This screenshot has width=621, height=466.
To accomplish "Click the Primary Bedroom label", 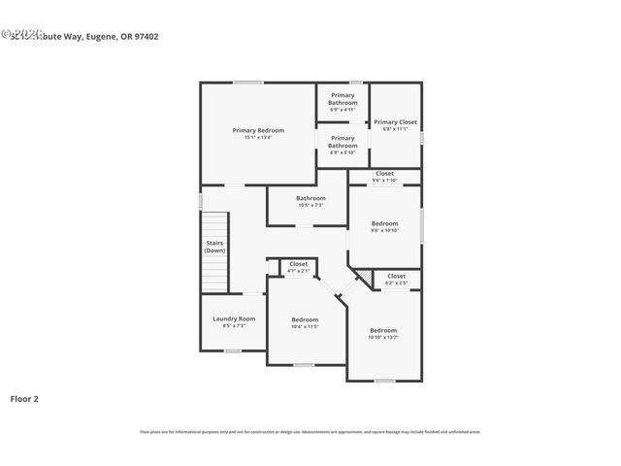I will click(258, 130).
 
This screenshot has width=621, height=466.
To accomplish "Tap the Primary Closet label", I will click(395, 122).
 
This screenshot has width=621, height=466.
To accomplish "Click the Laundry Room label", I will click(234, 318).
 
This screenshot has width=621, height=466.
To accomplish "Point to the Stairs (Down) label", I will click(214, 247).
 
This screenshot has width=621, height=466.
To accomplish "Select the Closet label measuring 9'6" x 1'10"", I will click(384, 173).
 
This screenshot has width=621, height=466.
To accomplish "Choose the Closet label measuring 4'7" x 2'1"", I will click(298, 264).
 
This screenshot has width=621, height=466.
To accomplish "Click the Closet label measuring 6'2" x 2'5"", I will click(396, 276).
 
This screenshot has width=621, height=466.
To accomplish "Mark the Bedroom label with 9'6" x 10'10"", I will click(384, 223).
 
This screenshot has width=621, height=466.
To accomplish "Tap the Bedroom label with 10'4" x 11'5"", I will click(305, 319).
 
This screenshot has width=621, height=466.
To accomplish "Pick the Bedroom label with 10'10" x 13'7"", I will click(382, 330).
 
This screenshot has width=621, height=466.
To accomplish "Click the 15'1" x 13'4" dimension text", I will click(258, 138).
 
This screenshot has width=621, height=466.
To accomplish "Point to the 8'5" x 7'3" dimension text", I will click(234, 325).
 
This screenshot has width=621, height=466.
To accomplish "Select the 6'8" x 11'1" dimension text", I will click(395, 129).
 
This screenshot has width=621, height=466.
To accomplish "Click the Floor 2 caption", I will click(24, 398).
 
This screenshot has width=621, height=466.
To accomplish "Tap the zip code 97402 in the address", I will click(146, 37).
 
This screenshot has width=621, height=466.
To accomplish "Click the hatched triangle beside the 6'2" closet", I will click(365, 279).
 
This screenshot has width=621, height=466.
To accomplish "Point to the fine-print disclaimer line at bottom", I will click(310, 432).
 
